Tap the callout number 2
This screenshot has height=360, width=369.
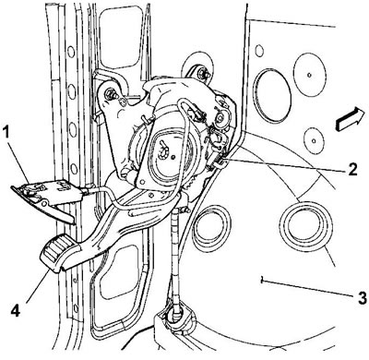[352, 168]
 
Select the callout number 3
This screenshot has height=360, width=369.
[362, 297]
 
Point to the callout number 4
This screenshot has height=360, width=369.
[16, 310]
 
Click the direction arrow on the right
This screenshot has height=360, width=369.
[351, 119]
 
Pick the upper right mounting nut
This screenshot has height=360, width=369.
[203, 74]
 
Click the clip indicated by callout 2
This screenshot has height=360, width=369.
[219, 164]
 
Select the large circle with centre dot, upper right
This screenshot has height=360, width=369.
[310, 75]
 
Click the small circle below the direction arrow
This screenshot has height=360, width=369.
[314, 140]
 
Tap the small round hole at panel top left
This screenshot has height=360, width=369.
[259, 51]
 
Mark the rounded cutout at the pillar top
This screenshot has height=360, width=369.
[120, 37]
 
